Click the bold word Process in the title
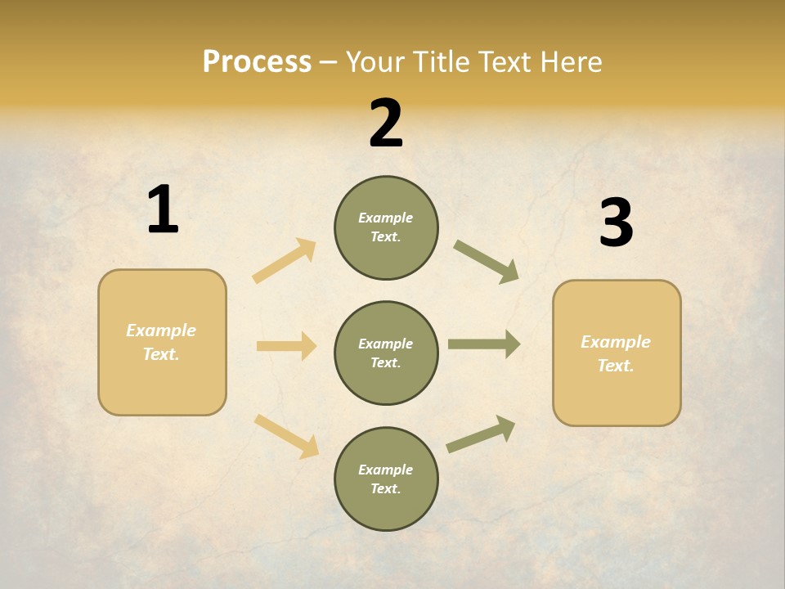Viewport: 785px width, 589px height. (x=257, y=61)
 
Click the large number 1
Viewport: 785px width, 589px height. (x=163, y=210)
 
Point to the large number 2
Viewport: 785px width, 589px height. (x=386, y=124)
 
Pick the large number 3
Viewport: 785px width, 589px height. (x=616, y=223)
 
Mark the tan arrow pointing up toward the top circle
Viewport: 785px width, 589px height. (x=285, y=260)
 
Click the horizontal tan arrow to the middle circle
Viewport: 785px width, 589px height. (x=286, y=346)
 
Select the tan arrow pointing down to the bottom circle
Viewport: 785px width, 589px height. (x=287, y=436)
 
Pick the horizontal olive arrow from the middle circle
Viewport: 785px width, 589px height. (x=484, y=344)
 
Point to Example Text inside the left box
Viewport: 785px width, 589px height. (x=161, y=342)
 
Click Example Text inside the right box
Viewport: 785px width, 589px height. (x=616, y=353)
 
